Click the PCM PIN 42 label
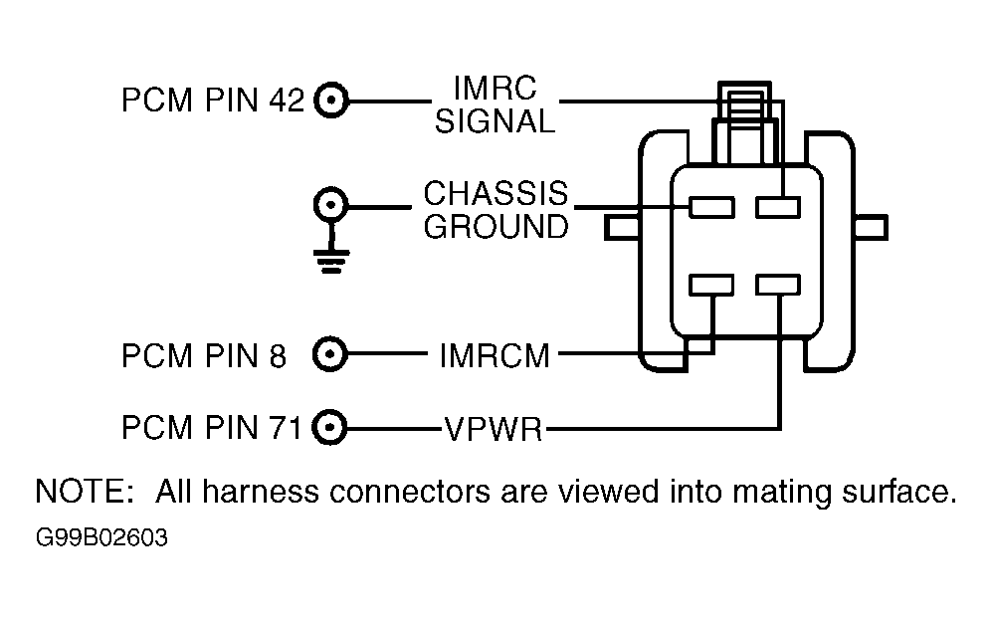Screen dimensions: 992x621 [213, 101]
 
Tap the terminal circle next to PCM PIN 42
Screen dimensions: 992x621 [331, 101]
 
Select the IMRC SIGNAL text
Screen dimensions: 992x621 [495, 104]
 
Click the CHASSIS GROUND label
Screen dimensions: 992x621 [496, 210]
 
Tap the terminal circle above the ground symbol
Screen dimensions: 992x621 [331, 204]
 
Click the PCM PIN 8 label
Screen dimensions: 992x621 [204, 355]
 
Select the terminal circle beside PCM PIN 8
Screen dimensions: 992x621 [330, 354]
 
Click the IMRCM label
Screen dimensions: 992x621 [495, 355]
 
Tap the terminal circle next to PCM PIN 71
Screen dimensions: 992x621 [330, 427]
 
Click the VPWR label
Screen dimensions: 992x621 [494, 429]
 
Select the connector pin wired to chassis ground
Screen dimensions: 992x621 [711, 207]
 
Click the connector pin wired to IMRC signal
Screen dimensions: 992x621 [778, 207]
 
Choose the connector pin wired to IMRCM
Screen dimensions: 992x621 [711, 285]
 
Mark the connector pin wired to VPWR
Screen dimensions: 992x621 [778, 285]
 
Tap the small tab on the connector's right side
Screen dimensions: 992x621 [871, 227]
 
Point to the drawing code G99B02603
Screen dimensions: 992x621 [101, 537]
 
